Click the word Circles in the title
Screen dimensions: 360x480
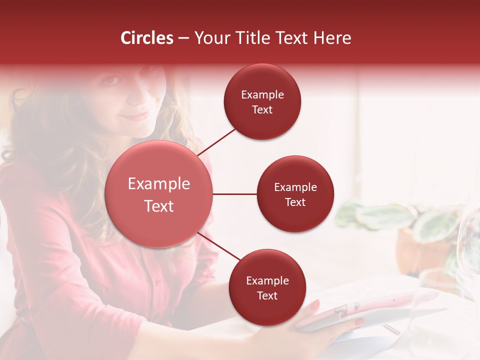point(147,38)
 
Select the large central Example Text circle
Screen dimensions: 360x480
point(158,194)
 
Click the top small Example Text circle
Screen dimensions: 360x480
point(262,102)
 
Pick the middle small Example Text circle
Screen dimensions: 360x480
point(295,194)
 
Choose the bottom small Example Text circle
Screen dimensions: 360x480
point(267,288)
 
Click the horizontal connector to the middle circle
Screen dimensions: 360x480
point(234,194)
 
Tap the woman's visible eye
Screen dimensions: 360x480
point(112,80)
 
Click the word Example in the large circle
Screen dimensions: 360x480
point(158,183)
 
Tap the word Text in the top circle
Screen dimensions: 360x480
point(262,109)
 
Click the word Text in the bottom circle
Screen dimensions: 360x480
point(267,295)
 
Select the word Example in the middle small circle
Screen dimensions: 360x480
point(295,187)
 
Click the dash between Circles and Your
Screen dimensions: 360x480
point(183,38)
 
